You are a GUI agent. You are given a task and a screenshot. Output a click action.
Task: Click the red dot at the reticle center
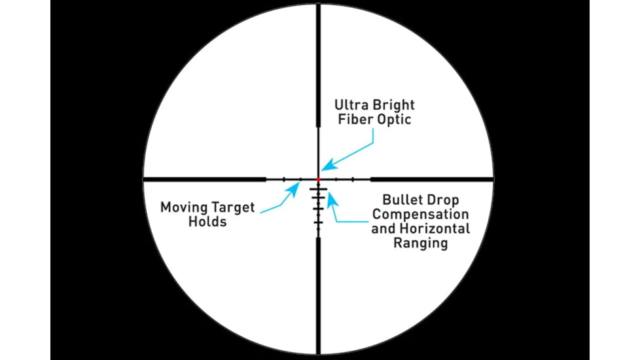319,179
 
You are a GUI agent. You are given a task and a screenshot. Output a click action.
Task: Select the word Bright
394,105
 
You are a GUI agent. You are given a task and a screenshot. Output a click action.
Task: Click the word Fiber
355,120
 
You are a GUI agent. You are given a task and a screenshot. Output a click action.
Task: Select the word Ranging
420,243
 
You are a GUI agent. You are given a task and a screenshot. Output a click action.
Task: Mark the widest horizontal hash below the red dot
319,189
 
